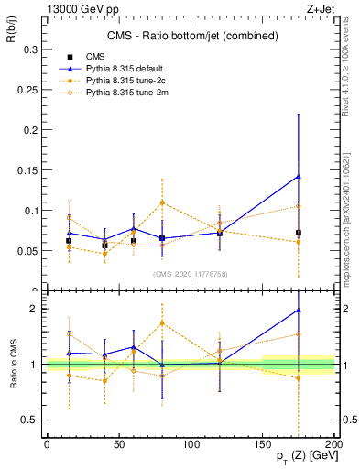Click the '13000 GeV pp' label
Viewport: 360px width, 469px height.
(67, 8)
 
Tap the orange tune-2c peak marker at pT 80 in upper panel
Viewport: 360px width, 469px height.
(162, 202)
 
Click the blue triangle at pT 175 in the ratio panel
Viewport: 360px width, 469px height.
(299, 310)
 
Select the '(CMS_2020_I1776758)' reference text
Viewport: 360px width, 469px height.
(191, 273)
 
